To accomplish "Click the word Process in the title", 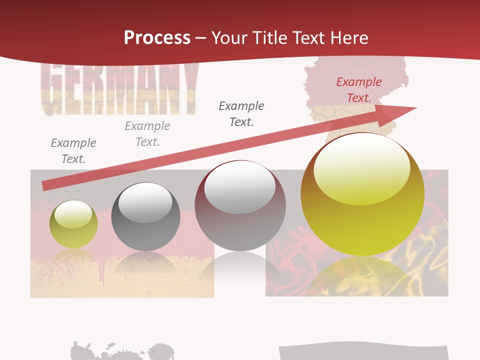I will pos(157,37).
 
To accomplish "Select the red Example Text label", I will pos(358,90).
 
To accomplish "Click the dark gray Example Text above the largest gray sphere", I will pos(241,114).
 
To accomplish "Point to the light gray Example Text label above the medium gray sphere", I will pos(147,134).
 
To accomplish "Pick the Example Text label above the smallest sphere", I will pos(73,151).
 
